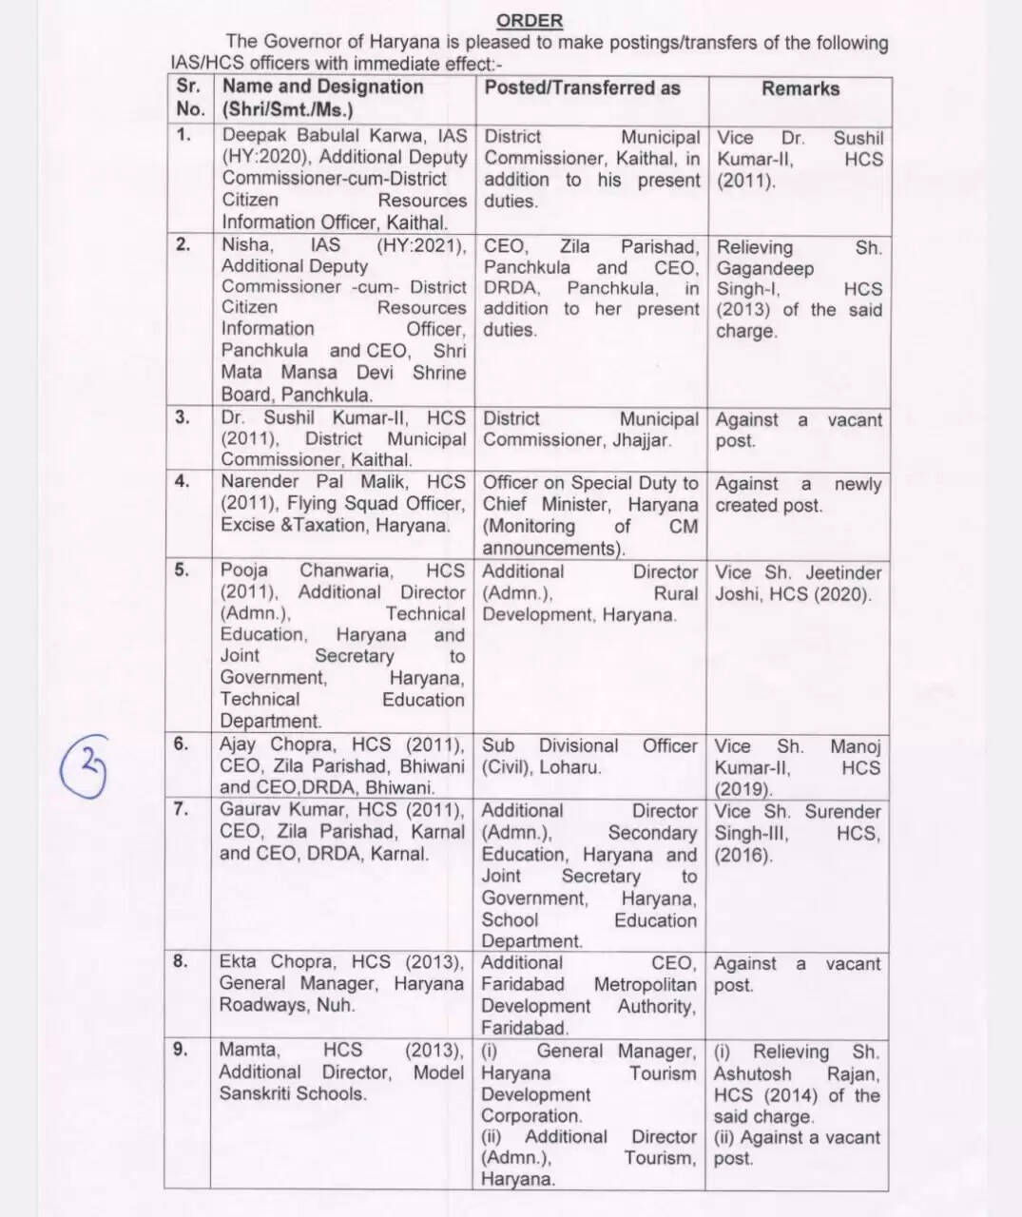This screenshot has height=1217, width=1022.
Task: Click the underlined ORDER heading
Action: [x=530, y=20]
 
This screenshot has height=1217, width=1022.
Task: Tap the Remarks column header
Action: [x=800, y=88]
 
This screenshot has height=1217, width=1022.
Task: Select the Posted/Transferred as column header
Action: [x=582, y=87]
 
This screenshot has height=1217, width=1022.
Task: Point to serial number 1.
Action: [x=183, y=134]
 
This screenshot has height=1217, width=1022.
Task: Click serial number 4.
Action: [x=183, y=481]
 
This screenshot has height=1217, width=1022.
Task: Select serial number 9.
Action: [x=181, y=1049]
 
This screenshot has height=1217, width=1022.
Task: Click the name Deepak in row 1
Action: [x=254, y=136]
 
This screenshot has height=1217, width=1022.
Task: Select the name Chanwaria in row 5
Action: [x=346, y=570]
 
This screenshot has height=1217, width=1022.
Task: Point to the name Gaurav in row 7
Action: [x=251, y=810]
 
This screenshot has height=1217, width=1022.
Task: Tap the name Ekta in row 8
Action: [x=237, y=961]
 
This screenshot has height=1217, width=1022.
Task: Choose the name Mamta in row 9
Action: [x=249, y=1050]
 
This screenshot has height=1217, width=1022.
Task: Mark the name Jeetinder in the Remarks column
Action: [x=844, y=572]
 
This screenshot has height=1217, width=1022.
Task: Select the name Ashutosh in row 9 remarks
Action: [x=753, y=1073]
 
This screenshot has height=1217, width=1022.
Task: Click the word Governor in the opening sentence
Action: [x=304, y=43]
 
